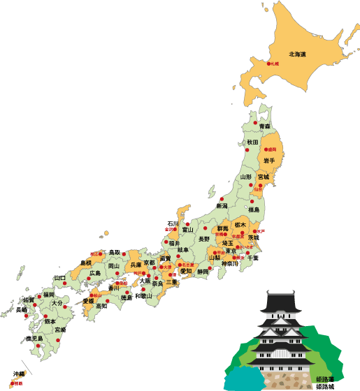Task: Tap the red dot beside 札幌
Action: [267, 64]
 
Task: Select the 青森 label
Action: [264, 126]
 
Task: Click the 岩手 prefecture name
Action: [268, 161]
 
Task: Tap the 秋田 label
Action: [252, 142]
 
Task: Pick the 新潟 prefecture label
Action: [222, 206]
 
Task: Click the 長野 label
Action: [204, 239]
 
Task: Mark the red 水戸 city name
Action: [261, 230]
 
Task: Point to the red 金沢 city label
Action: [168, 229]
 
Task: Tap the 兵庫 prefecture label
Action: [136, 265]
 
